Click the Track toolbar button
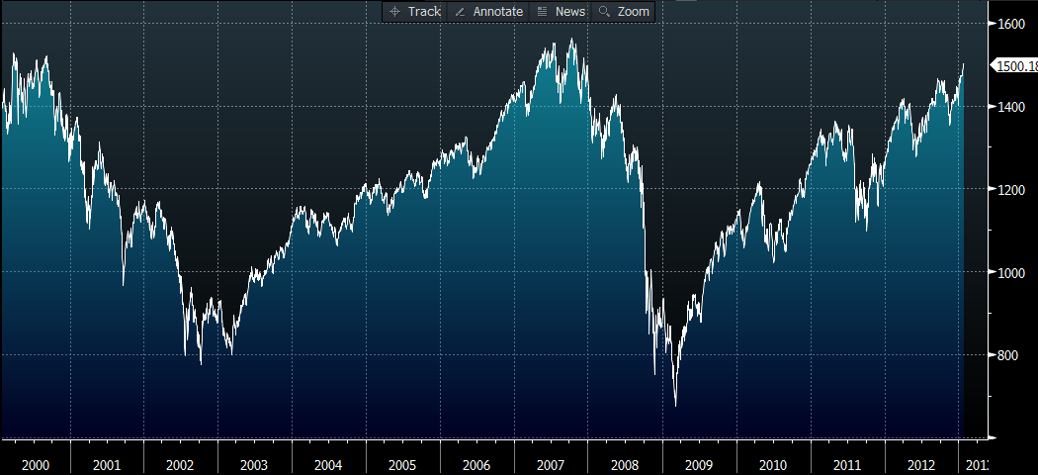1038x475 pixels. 415,11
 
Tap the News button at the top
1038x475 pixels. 562,11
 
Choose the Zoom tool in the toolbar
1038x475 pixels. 625,11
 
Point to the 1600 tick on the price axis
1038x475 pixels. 1010,23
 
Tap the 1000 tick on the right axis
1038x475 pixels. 1010,272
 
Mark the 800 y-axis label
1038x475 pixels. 1007,355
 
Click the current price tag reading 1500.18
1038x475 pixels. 1015,65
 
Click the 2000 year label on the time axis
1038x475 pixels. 36,464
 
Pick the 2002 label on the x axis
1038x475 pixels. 180,464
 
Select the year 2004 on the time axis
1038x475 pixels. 328,464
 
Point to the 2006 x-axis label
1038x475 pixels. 476,464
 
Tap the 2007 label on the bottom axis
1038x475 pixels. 551,464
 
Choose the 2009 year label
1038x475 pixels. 699,464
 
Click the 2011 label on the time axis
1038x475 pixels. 847,464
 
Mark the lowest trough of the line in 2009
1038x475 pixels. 676,405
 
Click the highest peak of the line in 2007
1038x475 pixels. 571,39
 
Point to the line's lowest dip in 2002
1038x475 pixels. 201,363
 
